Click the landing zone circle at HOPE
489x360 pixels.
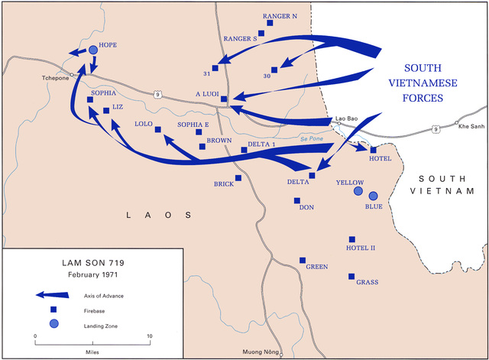pos(93,50)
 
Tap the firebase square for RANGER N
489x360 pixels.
pos(270,24)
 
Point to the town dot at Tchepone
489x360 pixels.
pos(71,75)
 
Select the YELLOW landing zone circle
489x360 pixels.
pos(358,191)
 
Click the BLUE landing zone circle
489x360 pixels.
pos(373,196)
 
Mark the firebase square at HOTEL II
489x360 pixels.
pos(352,239)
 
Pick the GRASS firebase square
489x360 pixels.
pos(351,276)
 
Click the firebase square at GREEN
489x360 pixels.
pos(303,260)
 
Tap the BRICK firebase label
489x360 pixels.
pos(223,184)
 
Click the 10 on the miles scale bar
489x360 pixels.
pos(150,336)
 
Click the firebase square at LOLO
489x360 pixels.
pos(158,130)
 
